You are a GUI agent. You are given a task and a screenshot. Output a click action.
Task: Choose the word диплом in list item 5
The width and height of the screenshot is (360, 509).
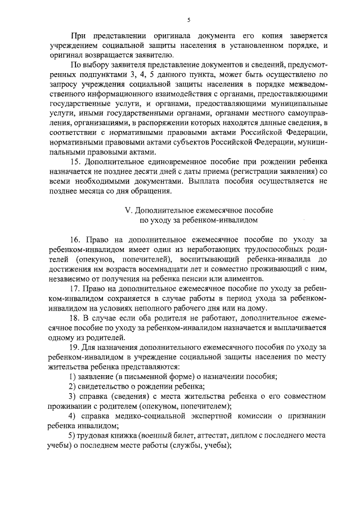point(232,435)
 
